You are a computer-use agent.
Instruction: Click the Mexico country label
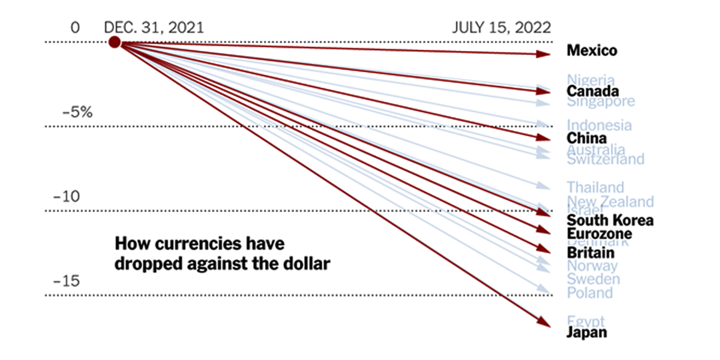coord(592,50)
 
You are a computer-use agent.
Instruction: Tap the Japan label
coord(587,332)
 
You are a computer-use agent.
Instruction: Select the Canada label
coord(593,91)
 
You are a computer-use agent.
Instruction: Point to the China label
coord(587,138)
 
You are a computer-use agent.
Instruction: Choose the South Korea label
coord(610,220)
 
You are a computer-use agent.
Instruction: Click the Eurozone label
coord(599,233)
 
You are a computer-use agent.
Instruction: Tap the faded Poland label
coord(590,293)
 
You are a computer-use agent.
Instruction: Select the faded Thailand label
coord(596,187)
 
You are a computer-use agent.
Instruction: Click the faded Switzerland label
coord(605,159)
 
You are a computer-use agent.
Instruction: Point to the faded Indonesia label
coord(599,125)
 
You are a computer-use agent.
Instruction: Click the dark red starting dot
coord(115,42)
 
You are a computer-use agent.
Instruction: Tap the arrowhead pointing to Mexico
coord(545,55)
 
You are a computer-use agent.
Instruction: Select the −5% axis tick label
coord(77,112)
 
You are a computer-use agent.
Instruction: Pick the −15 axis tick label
coord(66,281)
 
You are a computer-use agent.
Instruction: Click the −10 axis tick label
coord(66,197)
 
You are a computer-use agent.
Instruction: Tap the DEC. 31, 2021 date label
coord(154,28)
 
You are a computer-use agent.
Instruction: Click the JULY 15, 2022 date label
coord(502,28)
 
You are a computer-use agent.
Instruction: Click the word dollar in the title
coord(306,263)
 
